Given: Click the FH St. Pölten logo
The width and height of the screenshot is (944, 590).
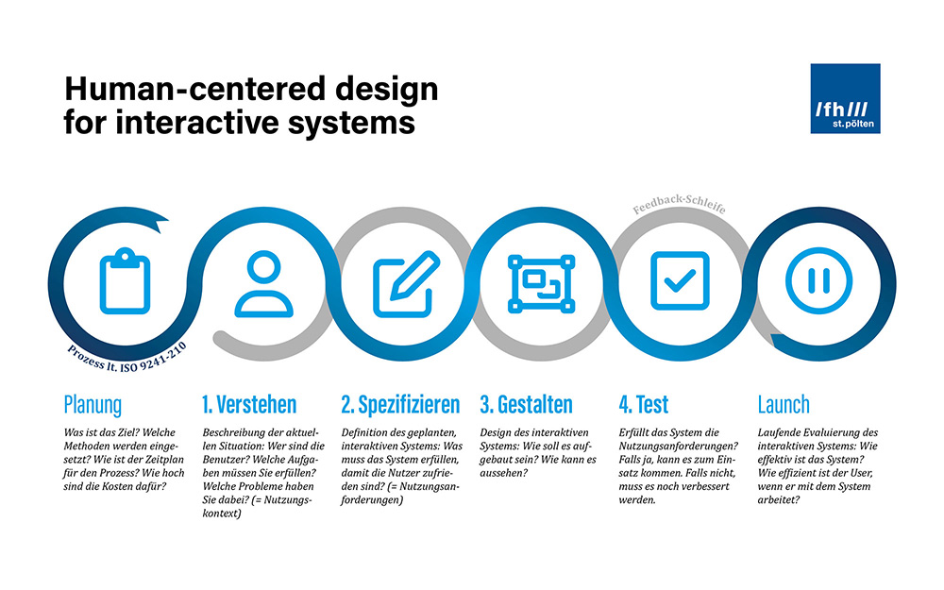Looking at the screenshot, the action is pyautogui.click(x=845, y=98).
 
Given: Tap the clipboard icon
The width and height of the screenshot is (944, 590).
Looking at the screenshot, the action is pyautogui.click(x=125, y=280).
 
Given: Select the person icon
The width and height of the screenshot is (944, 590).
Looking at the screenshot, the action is pyautogui.click(x=263, y=283).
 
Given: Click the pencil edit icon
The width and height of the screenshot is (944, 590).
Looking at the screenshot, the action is pyautogui.click(x=406, y=283).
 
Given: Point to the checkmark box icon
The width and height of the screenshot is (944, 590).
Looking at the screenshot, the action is pyautogui.click(x=680, y=280).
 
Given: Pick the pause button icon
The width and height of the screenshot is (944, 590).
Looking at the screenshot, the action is pyautogui.click(x=818, y=280).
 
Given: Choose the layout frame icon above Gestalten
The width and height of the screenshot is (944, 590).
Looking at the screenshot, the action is pyautogui.click(x=541, y=283).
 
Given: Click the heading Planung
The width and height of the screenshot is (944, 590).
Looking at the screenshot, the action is pyautogui.click(x=93, y=405).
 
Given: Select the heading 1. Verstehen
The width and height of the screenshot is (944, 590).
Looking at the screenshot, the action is pyautogui.click(x=249, y=405).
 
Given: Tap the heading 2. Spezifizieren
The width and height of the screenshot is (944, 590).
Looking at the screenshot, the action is pyautogui.click(x=400, y=405).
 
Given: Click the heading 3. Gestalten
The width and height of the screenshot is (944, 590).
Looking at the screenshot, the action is pyautogui.click(x=526, y=405).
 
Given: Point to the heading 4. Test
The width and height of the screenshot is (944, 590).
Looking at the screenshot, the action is pyautogui.click(x=644, y=405).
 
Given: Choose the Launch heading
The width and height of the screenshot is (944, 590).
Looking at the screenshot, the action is pyautogui.click(x=784, y=405).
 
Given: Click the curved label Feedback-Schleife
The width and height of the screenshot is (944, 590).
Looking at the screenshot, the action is pyautogui.click(x=679, y=203).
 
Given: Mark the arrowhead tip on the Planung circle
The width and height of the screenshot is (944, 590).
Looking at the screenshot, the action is pyautogui.click(x=168, y=220).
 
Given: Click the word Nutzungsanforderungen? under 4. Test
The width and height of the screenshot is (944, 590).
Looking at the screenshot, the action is pyautogui.click(x=678, y=447).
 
